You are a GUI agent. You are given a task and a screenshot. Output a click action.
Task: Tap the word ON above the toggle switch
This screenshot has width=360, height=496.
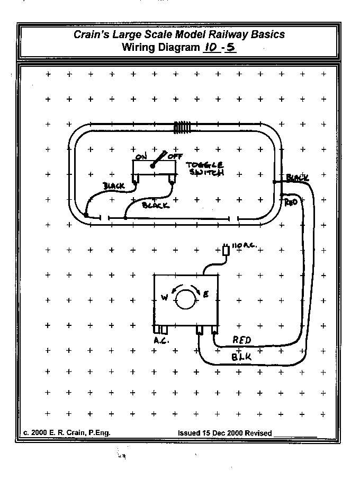141,156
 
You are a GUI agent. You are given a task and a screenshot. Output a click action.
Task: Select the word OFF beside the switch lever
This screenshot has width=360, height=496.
175,156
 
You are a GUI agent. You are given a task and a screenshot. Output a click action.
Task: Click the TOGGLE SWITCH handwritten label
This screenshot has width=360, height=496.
206,169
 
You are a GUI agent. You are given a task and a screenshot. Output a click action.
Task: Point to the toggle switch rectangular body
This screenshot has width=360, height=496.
154,172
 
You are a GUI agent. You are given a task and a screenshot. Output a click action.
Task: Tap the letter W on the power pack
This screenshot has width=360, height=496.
164,297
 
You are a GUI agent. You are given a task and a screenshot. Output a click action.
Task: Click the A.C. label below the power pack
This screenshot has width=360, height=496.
161,341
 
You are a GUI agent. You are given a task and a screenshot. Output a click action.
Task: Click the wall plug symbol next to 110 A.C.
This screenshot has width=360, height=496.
227,250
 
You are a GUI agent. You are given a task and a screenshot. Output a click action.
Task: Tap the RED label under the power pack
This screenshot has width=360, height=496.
242,340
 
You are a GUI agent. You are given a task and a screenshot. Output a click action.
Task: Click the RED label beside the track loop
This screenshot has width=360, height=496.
291,202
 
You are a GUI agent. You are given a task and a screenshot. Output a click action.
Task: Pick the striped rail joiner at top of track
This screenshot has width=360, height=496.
182,127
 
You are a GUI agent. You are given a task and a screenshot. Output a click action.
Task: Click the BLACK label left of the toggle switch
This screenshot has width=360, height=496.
114,186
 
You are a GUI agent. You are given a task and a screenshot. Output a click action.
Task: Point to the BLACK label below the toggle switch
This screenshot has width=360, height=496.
156,205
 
